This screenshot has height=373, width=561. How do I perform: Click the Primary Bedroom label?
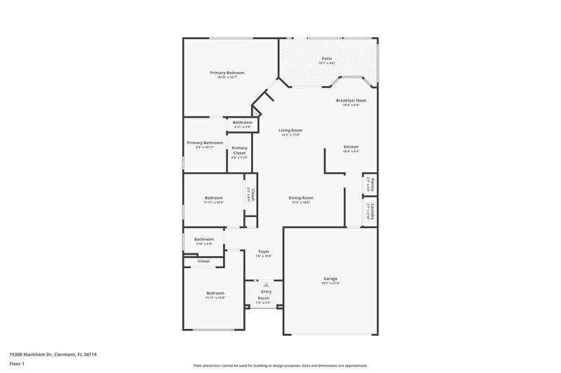[227, 73]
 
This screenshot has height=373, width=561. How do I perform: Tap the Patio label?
[327, 59]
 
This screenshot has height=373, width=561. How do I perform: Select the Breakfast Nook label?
[351, 101]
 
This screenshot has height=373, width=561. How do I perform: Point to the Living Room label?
[290, 130]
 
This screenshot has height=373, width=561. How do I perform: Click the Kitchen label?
[351, 147]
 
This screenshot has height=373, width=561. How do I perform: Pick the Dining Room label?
[300, 197]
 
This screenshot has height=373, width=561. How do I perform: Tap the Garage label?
[330, 279]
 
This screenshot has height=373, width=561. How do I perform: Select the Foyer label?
[264, 251]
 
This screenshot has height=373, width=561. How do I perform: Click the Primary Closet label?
[239, 150]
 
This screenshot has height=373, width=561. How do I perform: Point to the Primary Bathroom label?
[205, 143]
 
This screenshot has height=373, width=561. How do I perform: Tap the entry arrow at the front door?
[265, 285]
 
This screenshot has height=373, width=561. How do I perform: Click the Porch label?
[263, 298]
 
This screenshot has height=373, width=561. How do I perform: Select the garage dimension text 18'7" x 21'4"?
[330, 283]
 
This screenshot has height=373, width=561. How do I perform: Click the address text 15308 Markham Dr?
[53, 355]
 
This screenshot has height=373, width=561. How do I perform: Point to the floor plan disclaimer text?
[280, 365]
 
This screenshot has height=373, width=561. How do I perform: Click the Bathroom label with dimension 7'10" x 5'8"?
[204, 239]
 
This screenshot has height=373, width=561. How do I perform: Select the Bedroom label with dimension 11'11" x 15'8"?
[215, 293]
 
